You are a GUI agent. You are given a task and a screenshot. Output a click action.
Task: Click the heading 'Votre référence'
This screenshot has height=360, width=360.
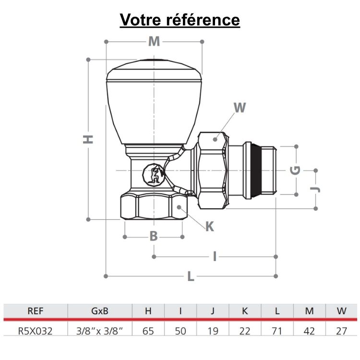pyautogui.click(x=180, y=20)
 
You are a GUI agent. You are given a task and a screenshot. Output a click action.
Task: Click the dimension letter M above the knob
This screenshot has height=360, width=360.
pyautogui.click(x=154, y=41)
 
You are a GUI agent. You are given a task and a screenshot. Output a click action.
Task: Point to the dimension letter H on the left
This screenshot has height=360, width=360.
pyautogui.click(x=88, y=139)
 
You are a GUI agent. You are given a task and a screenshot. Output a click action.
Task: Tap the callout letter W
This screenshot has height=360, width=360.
pyautogui.click(x=240, y=108)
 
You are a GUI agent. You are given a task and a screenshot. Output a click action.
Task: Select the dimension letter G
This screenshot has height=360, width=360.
pyautogui.click(x=296, y=170)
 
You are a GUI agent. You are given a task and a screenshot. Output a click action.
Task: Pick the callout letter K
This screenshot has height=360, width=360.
pyautogui.click(x=210, y=227)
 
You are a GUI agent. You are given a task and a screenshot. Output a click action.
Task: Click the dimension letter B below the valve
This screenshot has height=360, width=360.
pyautogui.click(x=153, y=236)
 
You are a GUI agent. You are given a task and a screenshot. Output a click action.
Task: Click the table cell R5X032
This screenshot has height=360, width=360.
pyautogui.click(x=35, y=331)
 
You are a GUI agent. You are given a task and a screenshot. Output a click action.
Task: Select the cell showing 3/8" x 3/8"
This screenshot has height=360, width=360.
pyautogui.click(x=99, y=331)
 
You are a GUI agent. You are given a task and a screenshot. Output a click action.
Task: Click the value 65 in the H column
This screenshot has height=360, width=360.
pyautogui.click(x=148, y=331)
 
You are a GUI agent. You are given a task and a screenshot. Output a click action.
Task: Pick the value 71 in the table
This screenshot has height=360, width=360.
pyautogui.click(x=277, y=331)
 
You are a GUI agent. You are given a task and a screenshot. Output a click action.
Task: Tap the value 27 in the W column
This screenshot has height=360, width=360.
pyautogui.click(x=341, y=331)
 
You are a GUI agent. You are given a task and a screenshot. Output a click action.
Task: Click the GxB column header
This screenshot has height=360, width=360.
pyautogui.click(x=99, y=311)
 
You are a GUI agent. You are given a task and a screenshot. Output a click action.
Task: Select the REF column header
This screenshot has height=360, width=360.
pyautogui.click(x=35, y=311)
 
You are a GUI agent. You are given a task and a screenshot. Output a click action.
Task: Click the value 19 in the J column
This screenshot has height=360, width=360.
pyautogui.click(x=213, y=331)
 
